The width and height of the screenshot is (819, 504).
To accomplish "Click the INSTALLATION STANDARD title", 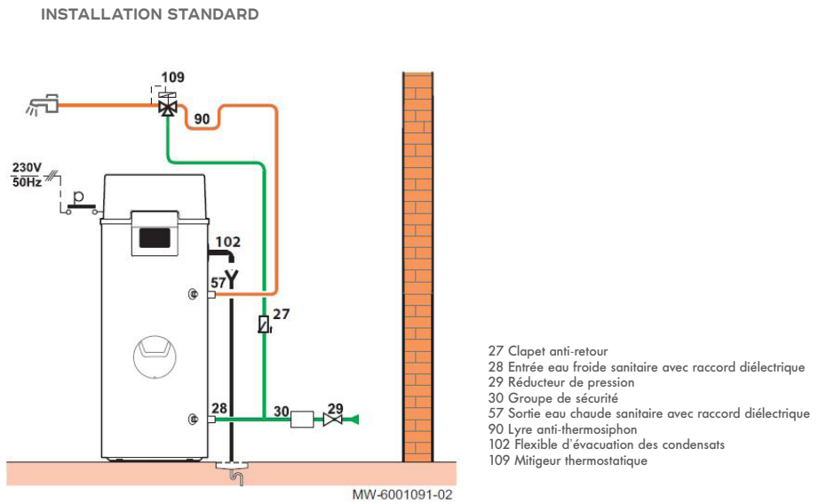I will [x=150, y=14].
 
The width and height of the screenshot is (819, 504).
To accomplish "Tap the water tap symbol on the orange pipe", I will [x=43, y=105].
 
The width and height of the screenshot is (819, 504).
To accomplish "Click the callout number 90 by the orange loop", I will [x=202, y=119].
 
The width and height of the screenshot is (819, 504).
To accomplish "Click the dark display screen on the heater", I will [x=155, y=236].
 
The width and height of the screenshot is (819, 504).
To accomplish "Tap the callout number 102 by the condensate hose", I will [x=228, y=241].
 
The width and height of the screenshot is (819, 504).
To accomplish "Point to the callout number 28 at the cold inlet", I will [x=219, y=408].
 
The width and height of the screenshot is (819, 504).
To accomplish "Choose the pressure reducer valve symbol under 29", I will [x=333, y=419].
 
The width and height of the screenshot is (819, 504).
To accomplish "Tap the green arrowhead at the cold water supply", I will [x=353, y=419].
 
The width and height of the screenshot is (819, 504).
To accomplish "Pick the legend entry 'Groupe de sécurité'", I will [x=553, y=398].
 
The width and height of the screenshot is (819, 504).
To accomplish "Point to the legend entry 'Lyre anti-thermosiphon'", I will [x=562, y=429].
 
